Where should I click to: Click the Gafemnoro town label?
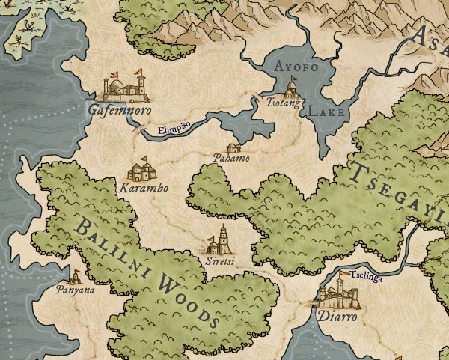pos(120,109)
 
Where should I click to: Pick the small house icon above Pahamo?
pos(233,147)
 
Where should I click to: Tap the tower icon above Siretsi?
pos(222,242)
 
